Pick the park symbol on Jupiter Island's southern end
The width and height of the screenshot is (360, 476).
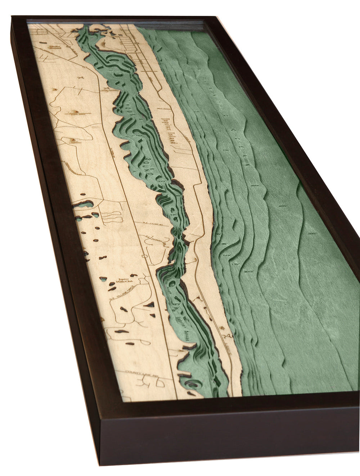(x=228, y=337)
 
